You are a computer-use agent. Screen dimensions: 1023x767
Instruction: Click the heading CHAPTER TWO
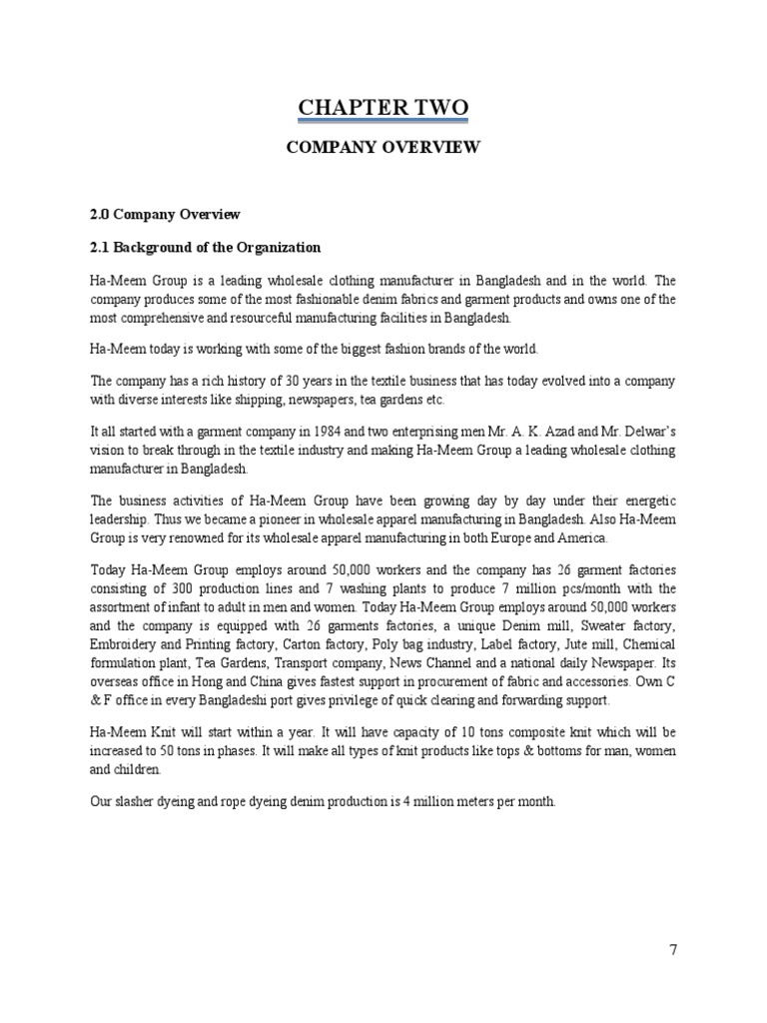383,107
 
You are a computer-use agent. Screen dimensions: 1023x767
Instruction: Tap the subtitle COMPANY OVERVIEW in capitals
383,148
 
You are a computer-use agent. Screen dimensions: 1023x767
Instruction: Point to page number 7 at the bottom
673,950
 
